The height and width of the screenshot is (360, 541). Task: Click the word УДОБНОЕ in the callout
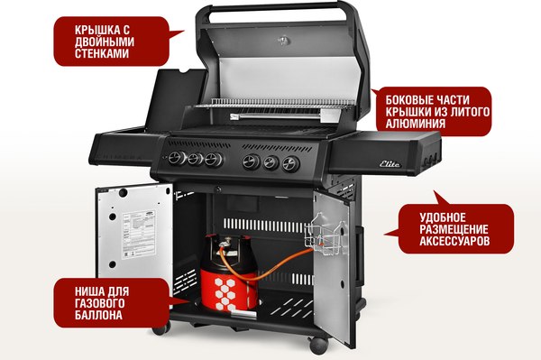[x=441, y=217]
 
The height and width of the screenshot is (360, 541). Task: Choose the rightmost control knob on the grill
[x=290, y=164]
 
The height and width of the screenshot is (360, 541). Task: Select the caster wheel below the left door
[x=160, y=327]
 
